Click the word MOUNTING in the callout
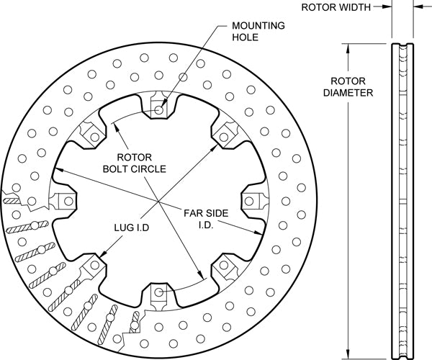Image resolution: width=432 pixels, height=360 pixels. [257, 25]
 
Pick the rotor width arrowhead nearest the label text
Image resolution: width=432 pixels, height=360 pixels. [388, 7]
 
